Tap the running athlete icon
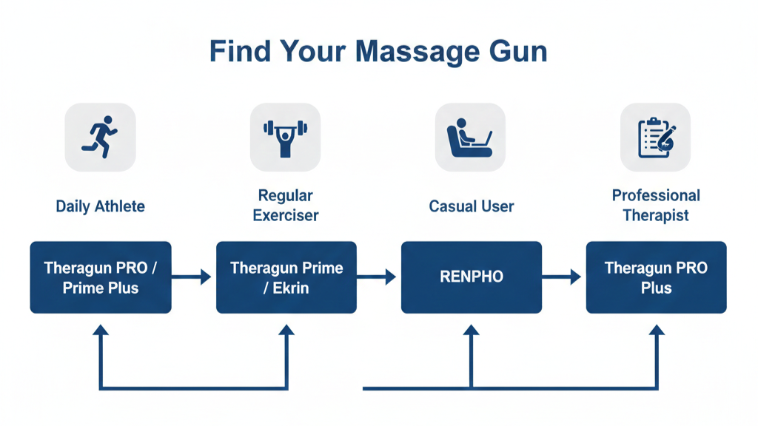pos(101,137)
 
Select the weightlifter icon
pos(286,138)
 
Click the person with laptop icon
pos(471,138)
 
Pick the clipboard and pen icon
pos(656,138)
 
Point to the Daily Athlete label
pos(101,206)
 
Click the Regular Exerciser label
pos(286,206)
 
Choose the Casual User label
pos(472,206)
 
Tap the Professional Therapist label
pos(656,206)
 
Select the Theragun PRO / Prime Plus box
pos(101,277)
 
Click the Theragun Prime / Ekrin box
pos(286,277)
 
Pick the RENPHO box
pos(472,277)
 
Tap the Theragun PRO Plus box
pos(656,277)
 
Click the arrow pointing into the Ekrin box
pos(192,277)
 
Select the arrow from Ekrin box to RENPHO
pos(378,277)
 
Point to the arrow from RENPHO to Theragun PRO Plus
pos(562,277)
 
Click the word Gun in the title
pos(517,52)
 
